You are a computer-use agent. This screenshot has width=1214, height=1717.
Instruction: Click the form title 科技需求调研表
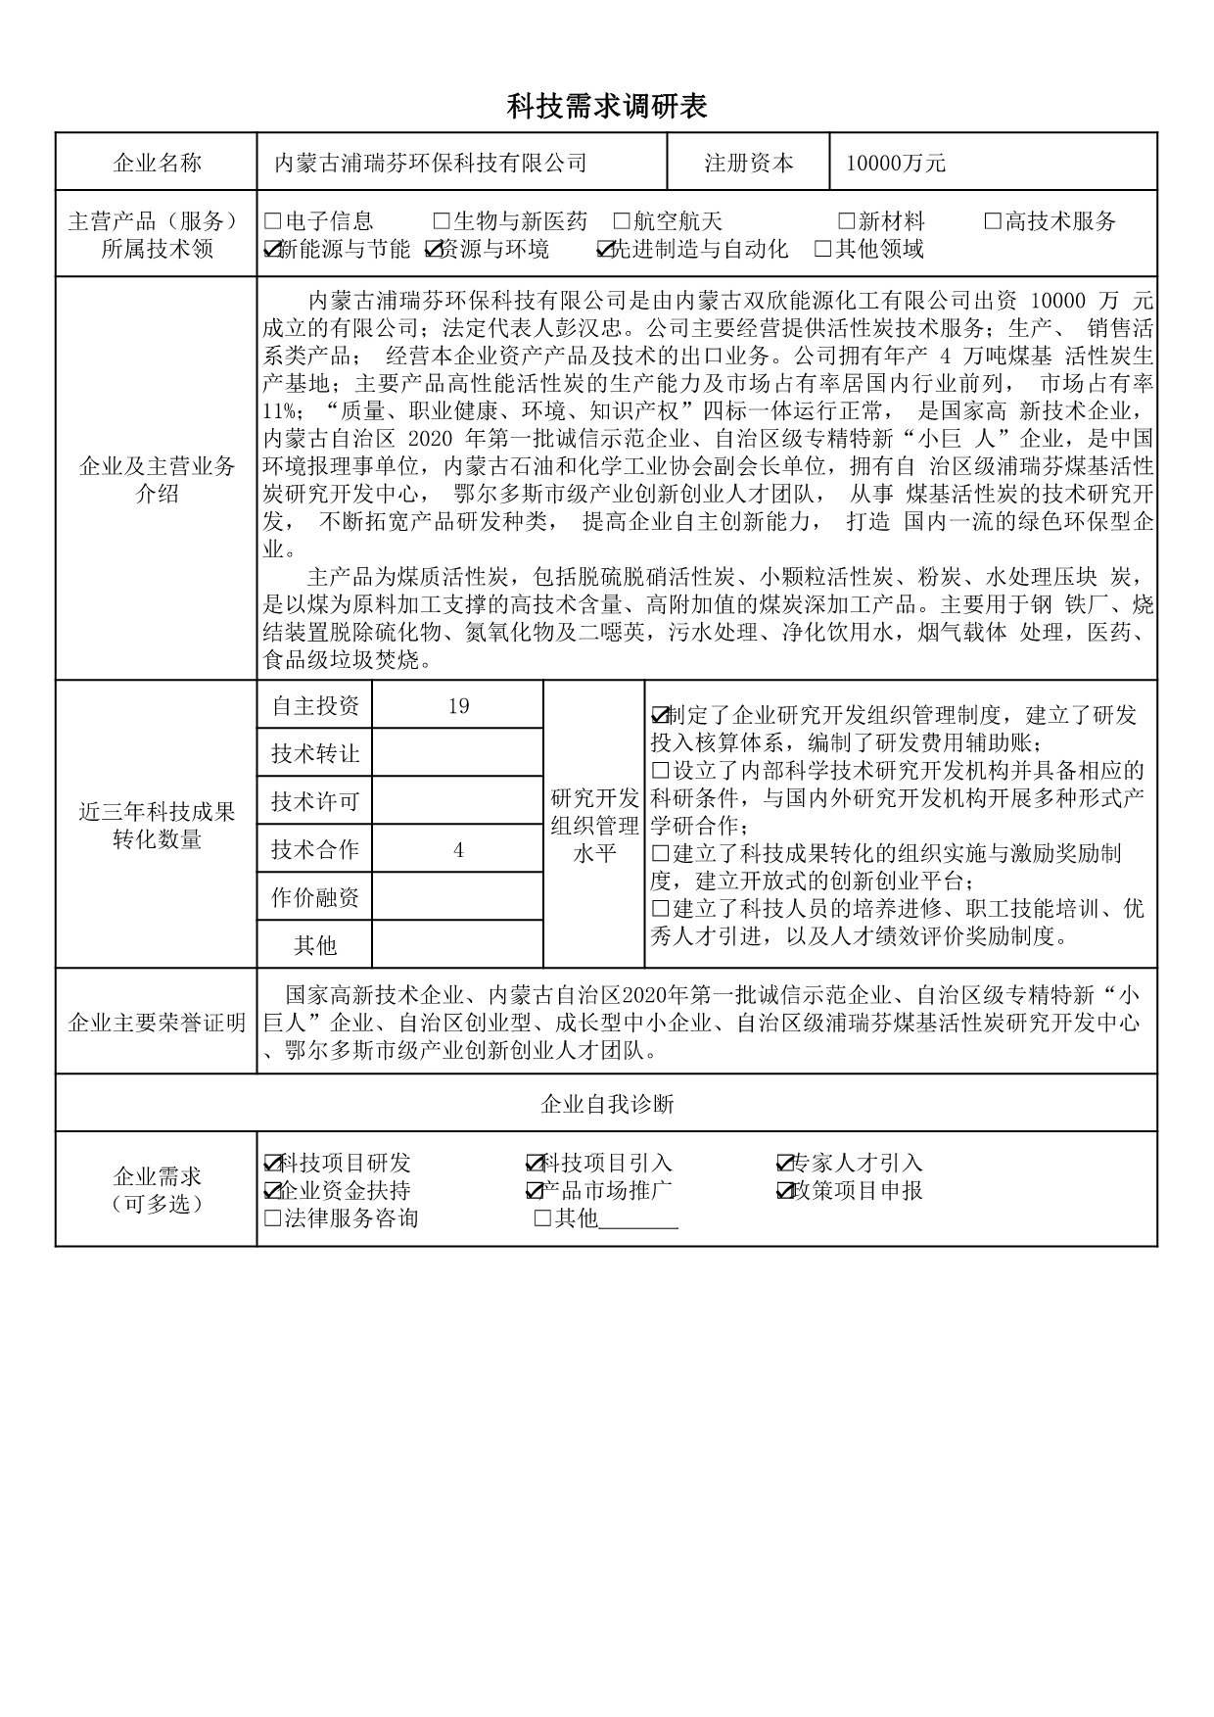click(x=607, y=107)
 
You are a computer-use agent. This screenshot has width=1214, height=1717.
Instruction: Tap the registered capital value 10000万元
click(x=896, y=163)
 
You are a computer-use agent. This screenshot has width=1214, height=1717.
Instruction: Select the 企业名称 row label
click(x=157, y=163)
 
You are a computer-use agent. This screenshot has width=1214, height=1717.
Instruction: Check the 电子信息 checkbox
click(x=273, y=222)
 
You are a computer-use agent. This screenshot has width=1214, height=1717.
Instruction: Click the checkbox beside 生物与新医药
click(x=441, y=222)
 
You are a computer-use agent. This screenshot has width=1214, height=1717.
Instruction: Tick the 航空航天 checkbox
click(x=621, y=222)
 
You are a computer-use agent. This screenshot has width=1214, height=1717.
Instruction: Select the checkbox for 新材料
click(x=846, y=222)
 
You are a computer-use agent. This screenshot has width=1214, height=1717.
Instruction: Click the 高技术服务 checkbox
click(x=993, y=222)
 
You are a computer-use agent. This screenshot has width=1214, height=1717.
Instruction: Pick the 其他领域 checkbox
click(x=823, y=250)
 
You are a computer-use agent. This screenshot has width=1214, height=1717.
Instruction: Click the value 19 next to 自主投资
click(x=458, y=705)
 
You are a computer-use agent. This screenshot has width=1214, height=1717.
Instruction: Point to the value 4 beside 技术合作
click(x=458, y=849)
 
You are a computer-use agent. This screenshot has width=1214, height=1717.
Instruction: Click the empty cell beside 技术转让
click(x=458, y=753)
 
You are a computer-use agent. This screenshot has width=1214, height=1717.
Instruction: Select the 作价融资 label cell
click(x=315, y=897)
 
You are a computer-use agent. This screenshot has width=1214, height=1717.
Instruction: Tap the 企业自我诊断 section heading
click(x=607, y=1105)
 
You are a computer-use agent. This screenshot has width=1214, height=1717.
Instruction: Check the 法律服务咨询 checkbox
click(x=273, y=1219)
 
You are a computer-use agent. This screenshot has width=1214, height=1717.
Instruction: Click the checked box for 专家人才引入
click(x=785, y=1164)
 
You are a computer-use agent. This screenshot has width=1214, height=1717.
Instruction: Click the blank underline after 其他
click(x=638, y=1221)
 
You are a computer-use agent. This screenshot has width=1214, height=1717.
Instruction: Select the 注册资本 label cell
click(x=749, y=163)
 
